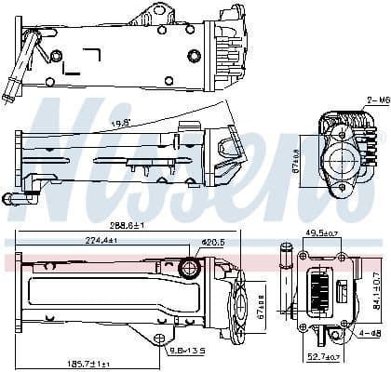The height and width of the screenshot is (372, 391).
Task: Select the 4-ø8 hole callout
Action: [368, 332]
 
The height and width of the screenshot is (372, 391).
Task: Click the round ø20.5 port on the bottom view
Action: [189, 270]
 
